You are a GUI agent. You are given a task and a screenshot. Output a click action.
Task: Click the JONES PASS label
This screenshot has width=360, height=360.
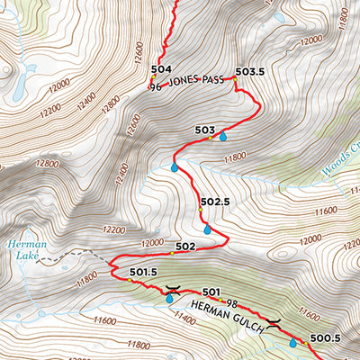click(194, 80)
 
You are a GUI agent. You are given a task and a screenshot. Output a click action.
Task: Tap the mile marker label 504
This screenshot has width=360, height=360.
click(161, 69)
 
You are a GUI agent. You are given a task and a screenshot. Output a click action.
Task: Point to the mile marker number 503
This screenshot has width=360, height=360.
click(203, 130)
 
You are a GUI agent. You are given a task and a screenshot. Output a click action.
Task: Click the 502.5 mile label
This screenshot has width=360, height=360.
click(216, 202)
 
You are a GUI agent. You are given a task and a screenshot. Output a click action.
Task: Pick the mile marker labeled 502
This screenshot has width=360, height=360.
click(185, 246)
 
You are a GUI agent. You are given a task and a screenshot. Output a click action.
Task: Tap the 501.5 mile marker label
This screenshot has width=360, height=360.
click(143, 272)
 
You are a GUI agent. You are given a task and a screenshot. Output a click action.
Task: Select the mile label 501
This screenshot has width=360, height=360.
click(211, 292)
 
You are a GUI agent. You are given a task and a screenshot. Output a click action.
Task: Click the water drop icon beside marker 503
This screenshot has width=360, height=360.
click(222, 138)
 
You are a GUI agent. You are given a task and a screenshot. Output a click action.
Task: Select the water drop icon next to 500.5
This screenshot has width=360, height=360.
click(292, 342)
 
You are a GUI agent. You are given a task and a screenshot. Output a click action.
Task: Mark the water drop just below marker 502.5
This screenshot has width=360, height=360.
click(207, 230)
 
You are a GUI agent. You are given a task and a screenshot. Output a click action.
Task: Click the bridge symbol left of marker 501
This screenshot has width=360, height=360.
click(171, 290)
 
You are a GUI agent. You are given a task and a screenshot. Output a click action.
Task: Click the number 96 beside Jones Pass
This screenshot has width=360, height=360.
click(155, 86)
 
